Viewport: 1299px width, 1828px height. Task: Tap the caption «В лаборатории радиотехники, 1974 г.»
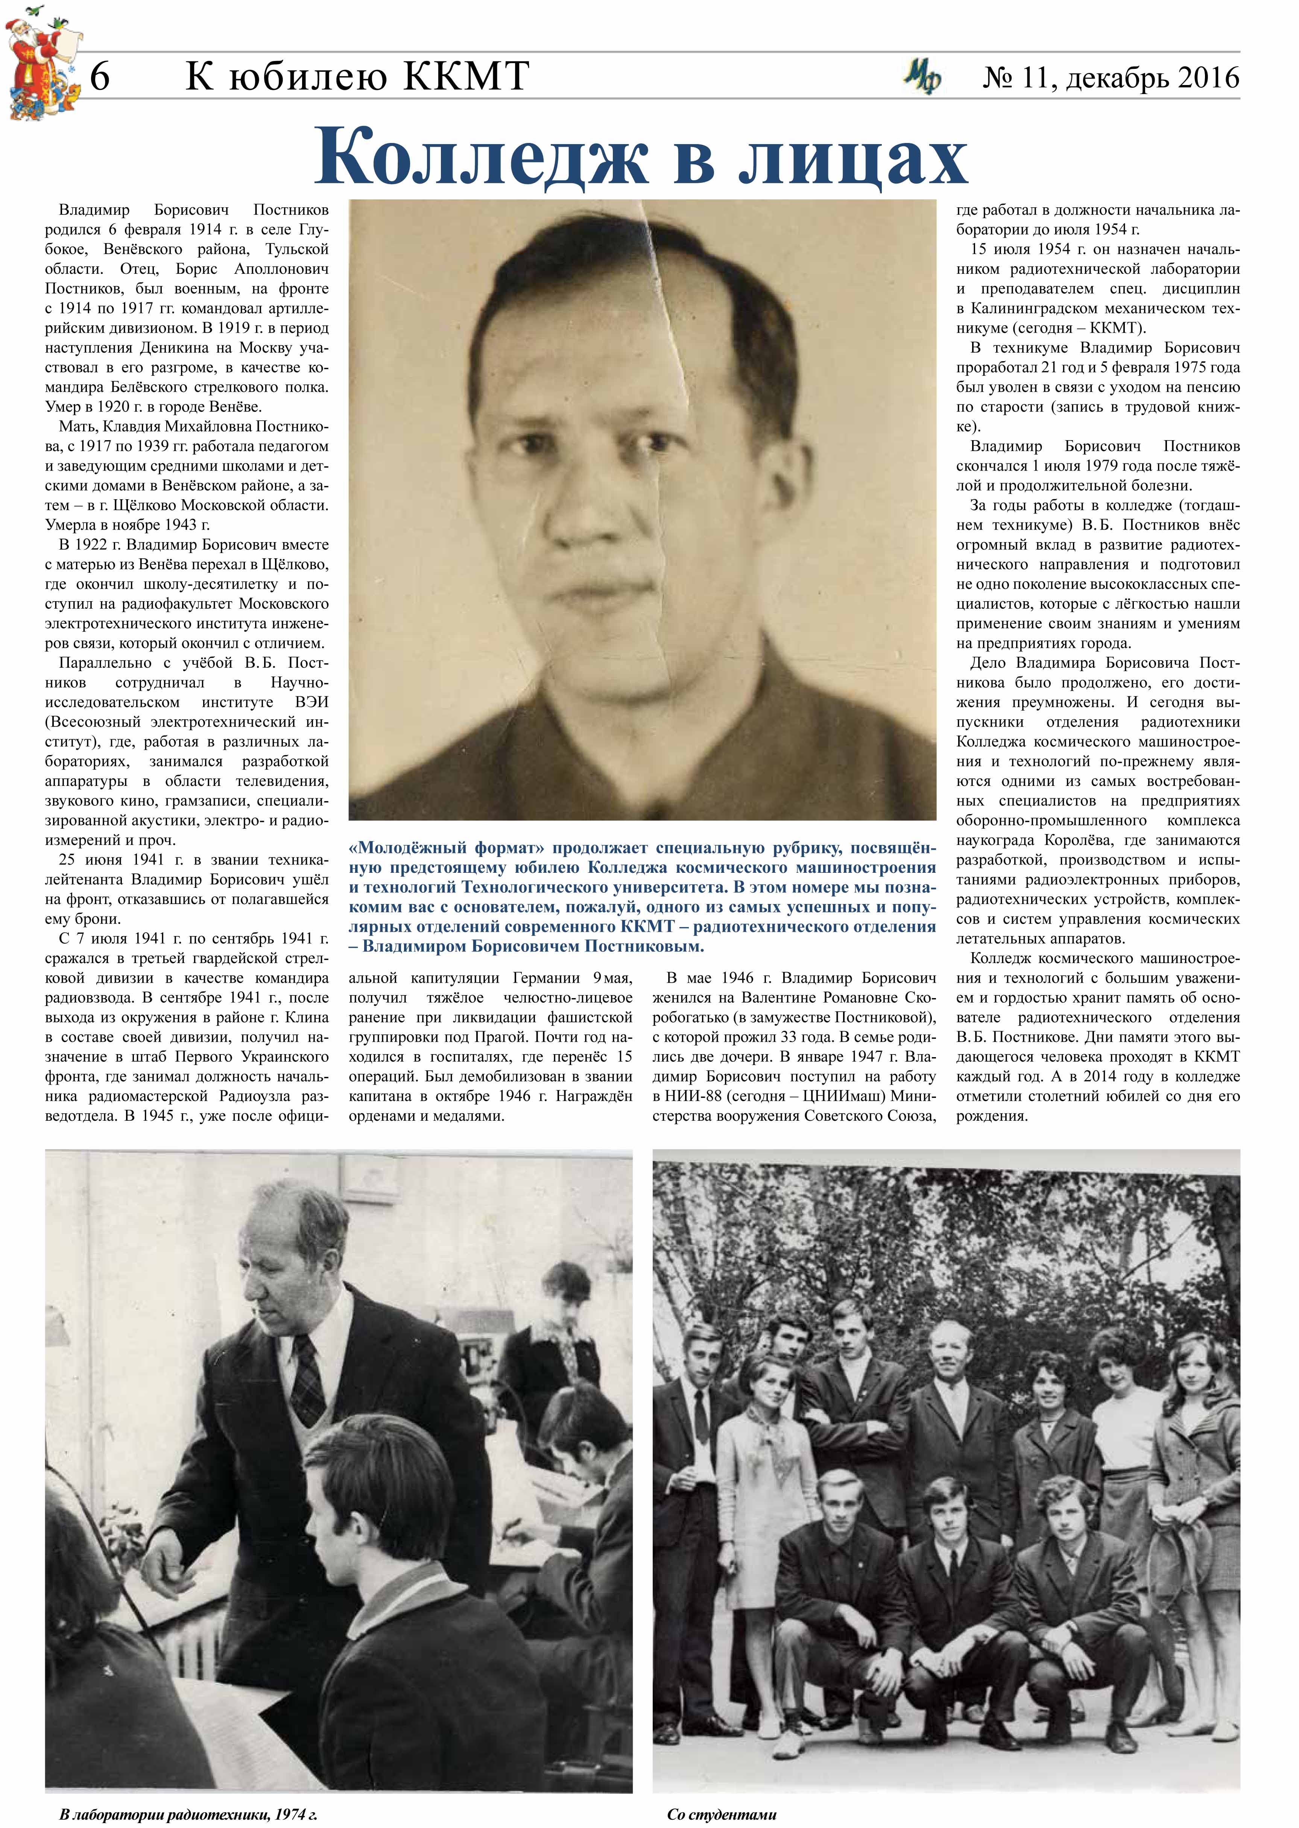[x=189, y=1814]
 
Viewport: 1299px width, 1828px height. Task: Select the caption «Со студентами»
[x=722, y=1814]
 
